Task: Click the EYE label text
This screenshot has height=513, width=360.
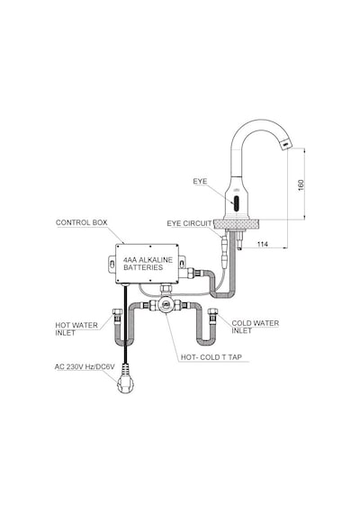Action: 200,181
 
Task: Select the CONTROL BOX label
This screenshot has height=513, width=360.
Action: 82,222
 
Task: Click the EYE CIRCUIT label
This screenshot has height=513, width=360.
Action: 189,223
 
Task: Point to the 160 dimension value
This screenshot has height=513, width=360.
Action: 301,184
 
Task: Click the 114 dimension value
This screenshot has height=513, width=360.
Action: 263,244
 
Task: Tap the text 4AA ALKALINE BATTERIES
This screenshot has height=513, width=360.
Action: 148,264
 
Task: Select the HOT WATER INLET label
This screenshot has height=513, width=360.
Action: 76,329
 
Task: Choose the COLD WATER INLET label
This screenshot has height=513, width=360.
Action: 256,327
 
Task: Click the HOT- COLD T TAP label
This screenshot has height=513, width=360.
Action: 211,357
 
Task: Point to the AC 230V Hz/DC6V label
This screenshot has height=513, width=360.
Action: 85,367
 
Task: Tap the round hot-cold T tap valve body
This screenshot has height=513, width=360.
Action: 166,304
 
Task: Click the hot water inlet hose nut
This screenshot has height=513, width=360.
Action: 117,312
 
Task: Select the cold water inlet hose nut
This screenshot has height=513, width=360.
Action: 213,312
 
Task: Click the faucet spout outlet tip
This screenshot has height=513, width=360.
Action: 285,144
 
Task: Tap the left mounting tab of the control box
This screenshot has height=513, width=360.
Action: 112,265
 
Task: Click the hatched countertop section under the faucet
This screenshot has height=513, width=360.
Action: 236,224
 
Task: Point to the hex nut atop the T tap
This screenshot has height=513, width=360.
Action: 166,289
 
